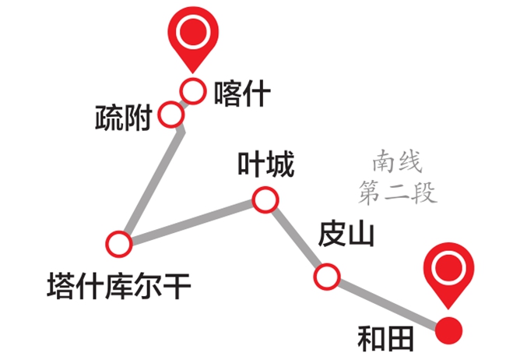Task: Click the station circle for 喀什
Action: point(192,90)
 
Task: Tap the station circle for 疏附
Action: point(170,116)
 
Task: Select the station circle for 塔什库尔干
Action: point(120,244)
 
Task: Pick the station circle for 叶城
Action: point(265,201)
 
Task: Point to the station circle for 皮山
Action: point(327,275)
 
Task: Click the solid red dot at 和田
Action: point(448,330)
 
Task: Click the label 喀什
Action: point(241,94)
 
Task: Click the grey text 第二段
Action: point(397,192)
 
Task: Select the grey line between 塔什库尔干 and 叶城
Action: point(192,222)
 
